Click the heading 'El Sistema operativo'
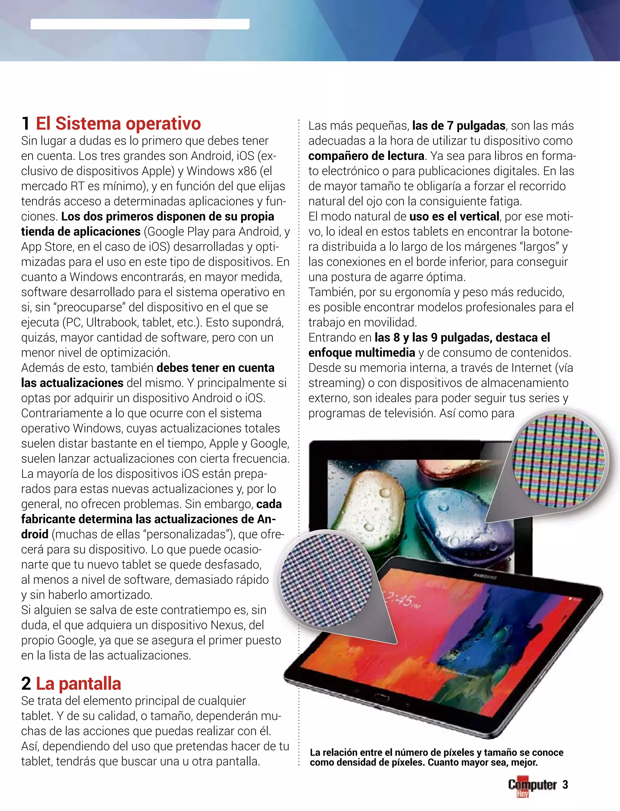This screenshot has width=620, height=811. (x=118, y=124)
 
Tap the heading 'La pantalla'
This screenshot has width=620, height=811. (x=78, y=684)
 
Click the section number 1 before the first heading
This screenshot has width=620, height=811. (x=25, y=124)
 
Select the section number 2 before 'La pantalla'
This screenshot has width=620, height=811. (x=26, y=684)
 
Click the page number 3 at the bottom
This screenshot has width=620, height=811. (x=565, y=784)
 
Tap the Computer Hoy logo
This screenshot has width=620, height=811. (x=532, y=786)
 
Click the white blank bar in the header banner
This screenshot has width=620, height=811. (x=140, y=24)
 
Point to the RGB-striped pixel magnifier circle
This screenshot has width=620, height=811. (x=558, y=460)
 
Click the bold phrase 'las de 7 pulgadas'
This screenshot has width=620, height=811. (x=458, y=125)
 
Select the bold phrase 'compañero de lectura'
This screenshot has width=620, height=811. (x=366, y=156)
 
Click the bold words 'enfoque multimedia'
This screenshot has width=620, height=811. (x=362, y=353)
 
